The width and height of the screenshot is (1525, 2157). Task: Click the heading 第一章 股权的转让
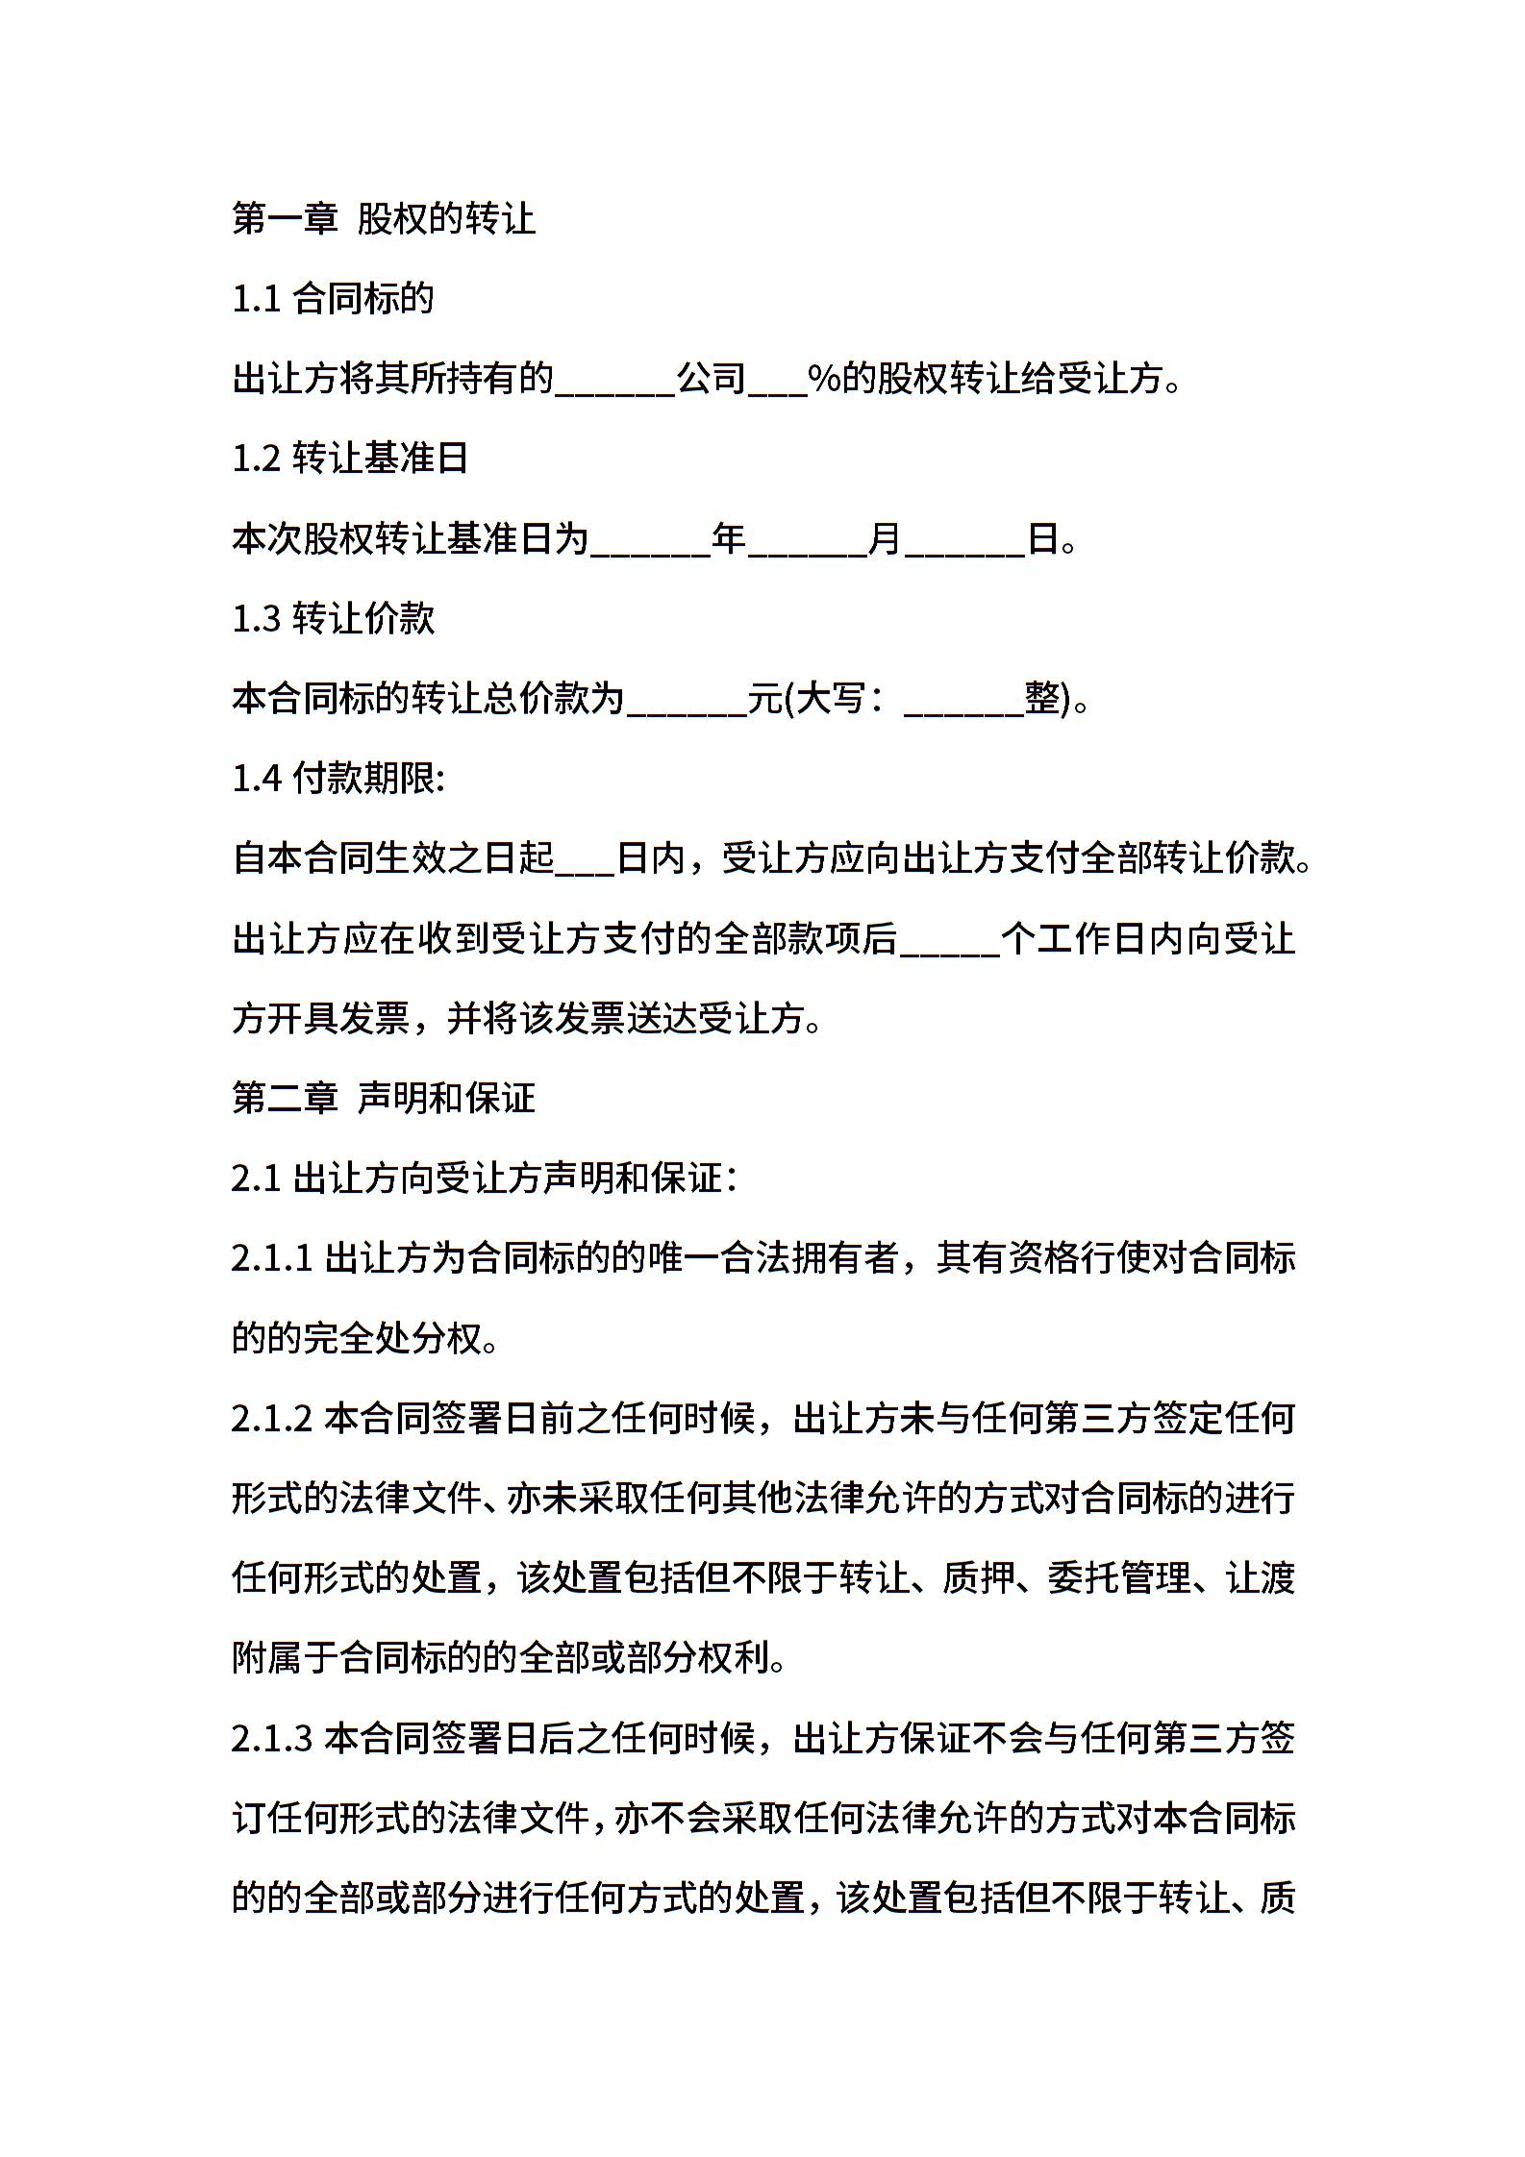tap(383, 219)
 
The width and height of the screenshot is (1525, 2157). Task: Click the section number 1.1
tap(256, 299)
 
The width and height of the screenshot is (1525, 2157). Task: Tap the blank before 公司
tap(615, 383)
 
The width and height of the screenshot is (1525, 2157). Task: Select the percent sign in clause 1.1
tap(824, 379)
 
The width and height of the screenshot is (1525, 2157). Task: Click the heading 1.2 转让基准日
tap(350, 459)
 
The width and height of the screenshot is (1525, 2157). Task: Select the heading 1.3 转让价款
tap(333, 618)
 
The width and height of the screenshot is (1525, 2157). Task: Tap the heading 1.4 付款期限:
tap(338, 779)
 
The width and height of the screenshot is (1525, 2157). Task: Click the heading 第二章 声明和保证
tap(383, 1098)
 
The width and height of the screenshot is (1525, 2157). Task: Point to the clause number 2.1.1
tap(272, 1258)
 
